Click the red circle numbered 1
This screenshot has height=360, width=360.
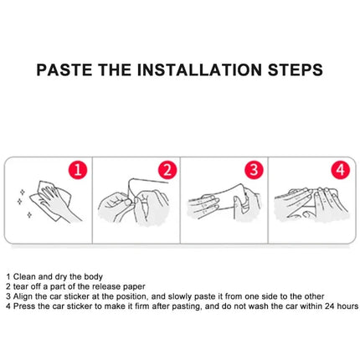(x=78, y=170)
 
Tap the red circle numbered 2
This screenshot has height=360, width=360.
(x=167, y=170)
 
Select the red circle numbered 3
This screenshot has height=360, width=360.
(x=254, y=170)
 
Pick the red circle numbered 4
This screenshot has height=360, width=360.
(x=341, y=170)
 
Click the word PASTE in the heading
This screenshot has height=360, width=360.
(x=64, y=69)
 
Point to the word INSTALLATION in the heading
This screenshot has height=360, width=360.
(x=199, y=69)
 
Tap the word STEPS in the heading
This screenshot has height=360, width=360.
(x=296, y=69)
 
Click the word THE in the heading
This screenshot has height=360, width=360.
(x=115, y=69)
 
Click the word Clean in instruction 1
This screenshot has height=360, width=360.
(x=24, y=277)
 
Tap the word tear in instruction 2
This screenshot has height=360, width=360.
(x=21, y=286)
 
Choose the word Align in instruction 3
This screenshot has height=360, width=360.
(x=23, y=296)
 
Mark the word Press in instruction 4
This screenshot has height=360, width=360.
(x=24, y=306)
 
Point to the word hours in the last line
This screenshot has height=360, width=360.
(x=347, y=306)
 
